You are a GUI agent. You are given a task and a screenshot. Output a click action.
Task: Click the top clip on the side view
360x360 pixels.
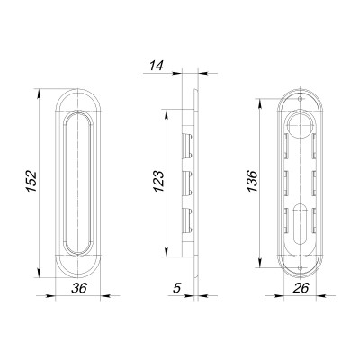(x=189, y=141)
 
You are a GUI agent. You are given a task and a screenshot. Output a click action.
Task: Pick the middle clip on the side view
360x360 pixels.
(x=189, y=181)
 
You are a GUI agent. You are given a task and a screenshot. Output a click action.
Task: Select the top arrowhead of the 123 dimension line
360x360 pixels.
(x=167, y=112)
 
